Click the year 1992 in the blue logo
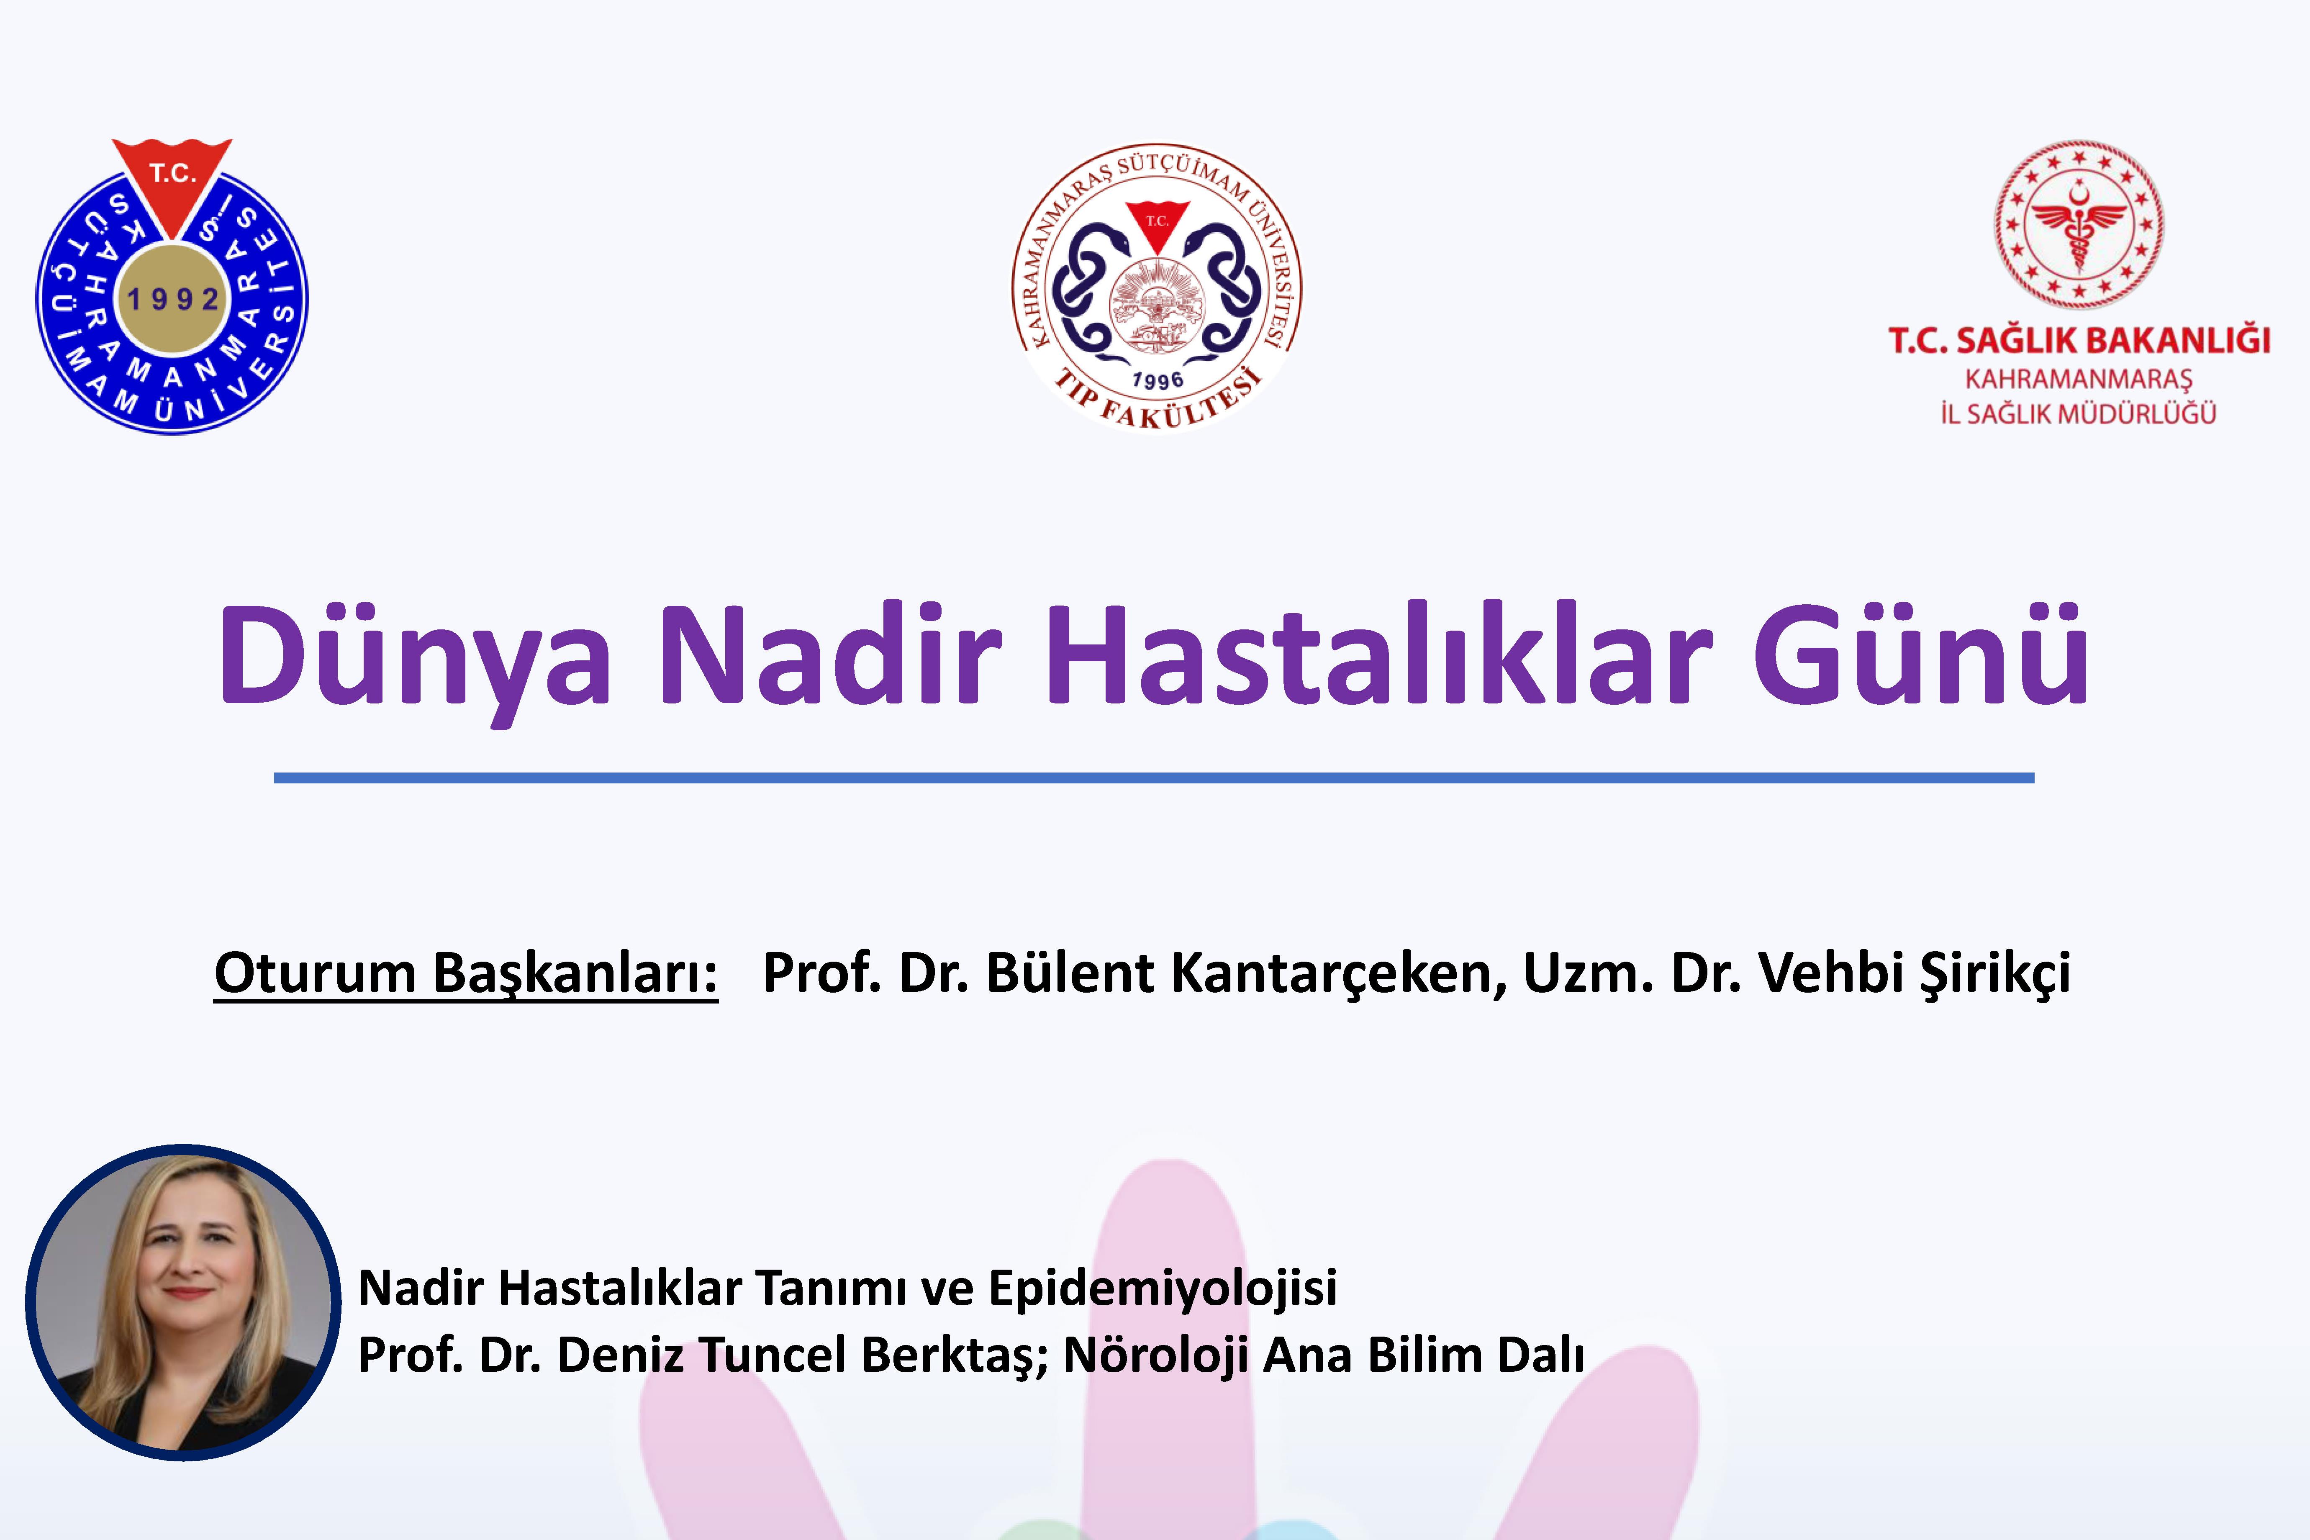pyautogui.click(x=173, y=298)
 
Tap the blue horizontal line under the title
pyautogui.click(x=1154, y=778)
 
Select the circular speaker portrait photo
pyautogui.click(x=184, y=1302)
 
